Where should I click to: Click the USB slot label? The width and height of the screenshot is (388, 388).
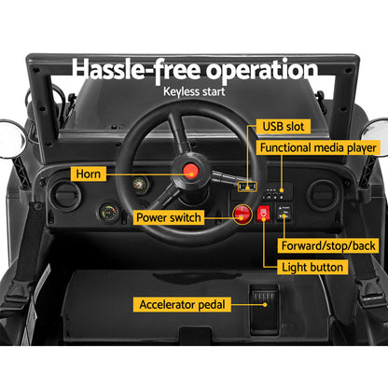[282, 127]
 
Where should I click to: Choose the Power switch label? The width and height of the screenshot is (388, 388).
[169, 217]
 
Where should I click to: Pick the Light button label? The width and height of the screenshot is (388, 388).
[313, 267]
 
